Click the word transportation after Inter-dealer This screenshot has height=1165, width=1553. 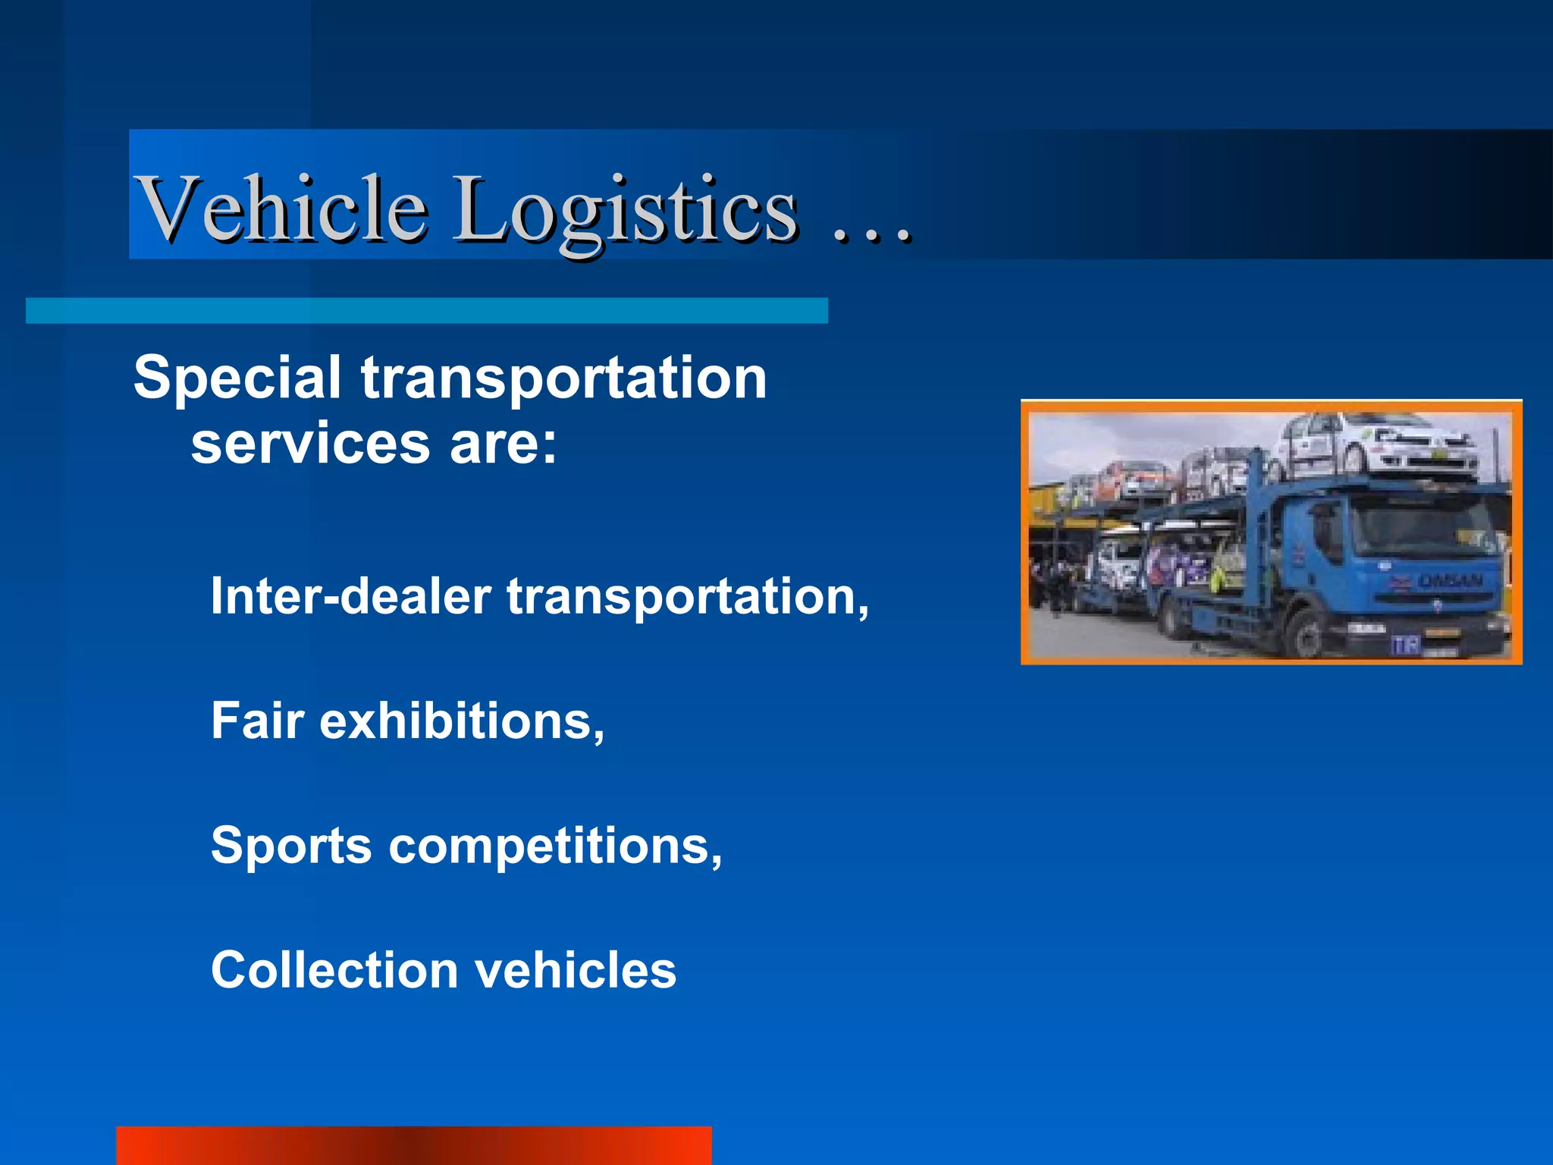687,598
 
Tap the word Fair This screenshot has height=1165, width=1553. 257,721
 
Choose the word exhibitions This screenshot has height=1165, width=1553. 461,721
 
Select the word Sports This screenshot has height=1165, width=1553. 291,846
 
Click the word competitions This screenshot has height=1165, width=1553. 554,846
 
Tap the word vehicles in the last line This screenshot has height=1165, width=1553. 576,970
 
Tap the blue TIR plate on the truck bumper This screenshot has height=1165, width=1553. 1405,645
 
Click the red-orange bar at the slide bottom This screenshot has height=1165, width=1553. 414,1145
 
